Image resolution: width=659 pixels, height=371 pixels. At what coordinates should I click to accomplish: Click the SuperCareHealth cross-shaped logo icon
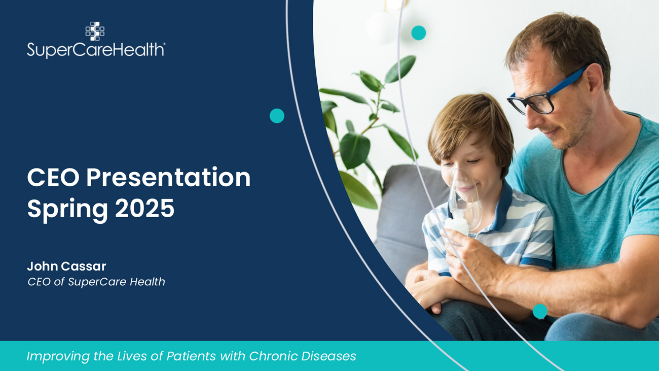coord(95,31)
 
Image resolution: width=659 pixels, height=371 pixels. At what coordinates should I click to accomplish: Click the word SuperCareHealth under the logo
coord(96,50)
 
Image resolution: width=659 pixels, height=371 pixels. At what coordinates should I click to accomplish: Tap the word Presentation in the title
coord(168,177)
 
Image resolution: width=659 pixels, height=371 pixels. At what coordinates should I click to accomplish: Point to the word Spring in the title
coord(67,210)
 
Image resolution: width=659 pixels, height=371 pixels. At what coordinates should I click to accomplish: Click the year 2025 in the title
coord(145,208)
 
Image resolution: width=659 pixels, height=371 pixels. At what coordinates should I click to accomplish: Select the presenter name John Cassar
coord(66,266)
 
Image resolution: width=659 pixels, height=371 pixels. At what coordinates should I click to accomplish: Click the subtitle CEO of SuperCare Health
coord(96,282)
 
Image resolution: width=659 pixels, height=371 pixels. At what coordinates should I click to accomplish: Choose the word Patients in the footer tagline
coord(191,356)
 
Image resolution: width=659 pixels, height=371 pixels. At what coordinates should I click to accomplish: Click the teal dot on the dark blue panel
coord(277,116)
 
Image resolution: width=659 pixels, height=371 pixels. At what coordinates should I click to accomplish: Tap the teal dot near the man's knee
coord(540,311)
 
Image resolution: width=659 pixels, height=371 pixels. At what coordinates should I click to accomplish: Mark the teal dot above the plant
coord(418,32)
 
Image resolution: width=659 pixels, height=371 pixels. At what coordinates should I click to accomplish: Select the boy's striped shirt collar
coord(500,206)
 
